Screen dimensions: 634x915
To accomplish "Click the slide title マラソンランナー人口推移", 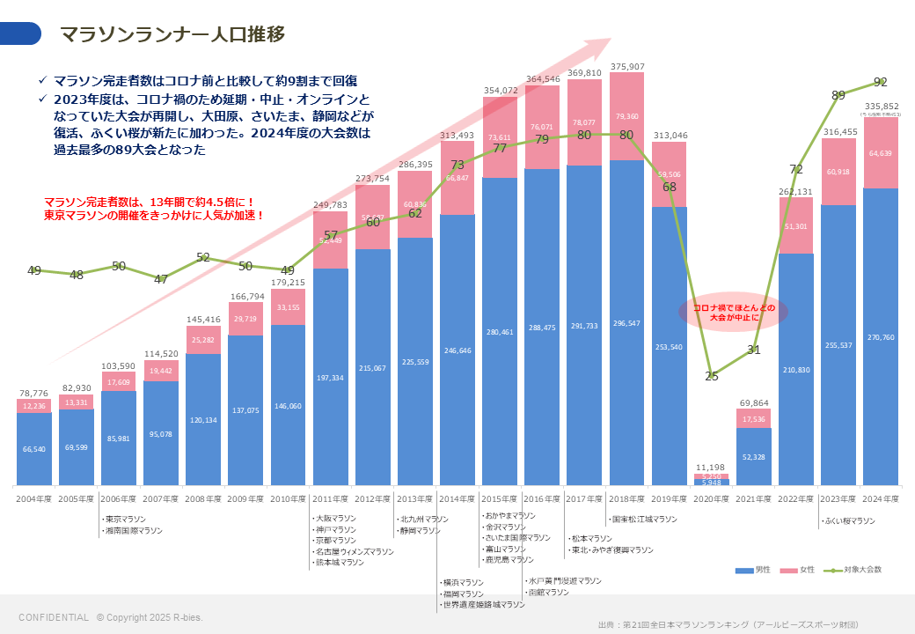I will click(x=172, y=34).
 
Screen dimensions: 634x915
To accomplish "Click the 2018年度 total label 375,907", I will click(x=627, y=66).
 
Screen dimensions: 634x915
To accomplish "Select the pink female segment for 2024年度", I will click(x=881, y=153).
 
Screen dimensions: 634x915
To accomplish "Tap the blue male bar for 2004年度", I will click(x=33, y=449).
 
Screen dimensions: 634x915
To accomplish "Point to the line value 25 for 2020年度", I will click(x=712, y=376).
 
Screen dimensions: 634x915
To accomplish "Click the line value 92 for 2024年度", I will click(x=881, y=82).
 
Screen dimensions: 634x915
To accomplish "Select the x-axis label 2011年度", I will click(x=330, y=499).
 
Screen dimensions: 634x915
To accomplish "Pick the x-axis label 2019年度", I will click(x=669, y=499).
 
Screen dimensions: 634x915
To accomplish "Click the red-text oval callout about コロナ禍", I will click(x=734, y=313).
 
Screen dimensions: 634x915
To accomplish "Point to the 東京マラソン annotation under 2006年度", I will click(x=124, y=520).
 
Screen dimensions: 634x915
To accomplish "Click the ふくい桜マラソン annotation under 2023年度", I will click(x=848, y=520).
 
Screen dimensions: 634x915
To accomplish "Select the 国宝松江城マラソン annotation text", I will click(x=644, y=520).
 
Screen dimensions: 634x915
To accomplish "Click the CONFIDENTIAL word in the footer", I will click(x=54, y=617).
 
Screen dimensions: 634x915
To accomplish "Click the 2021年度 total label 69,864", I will click(x=753, y=402).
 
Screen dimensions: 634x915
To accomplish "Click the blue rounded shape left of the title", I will click(x=20, y=33).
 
